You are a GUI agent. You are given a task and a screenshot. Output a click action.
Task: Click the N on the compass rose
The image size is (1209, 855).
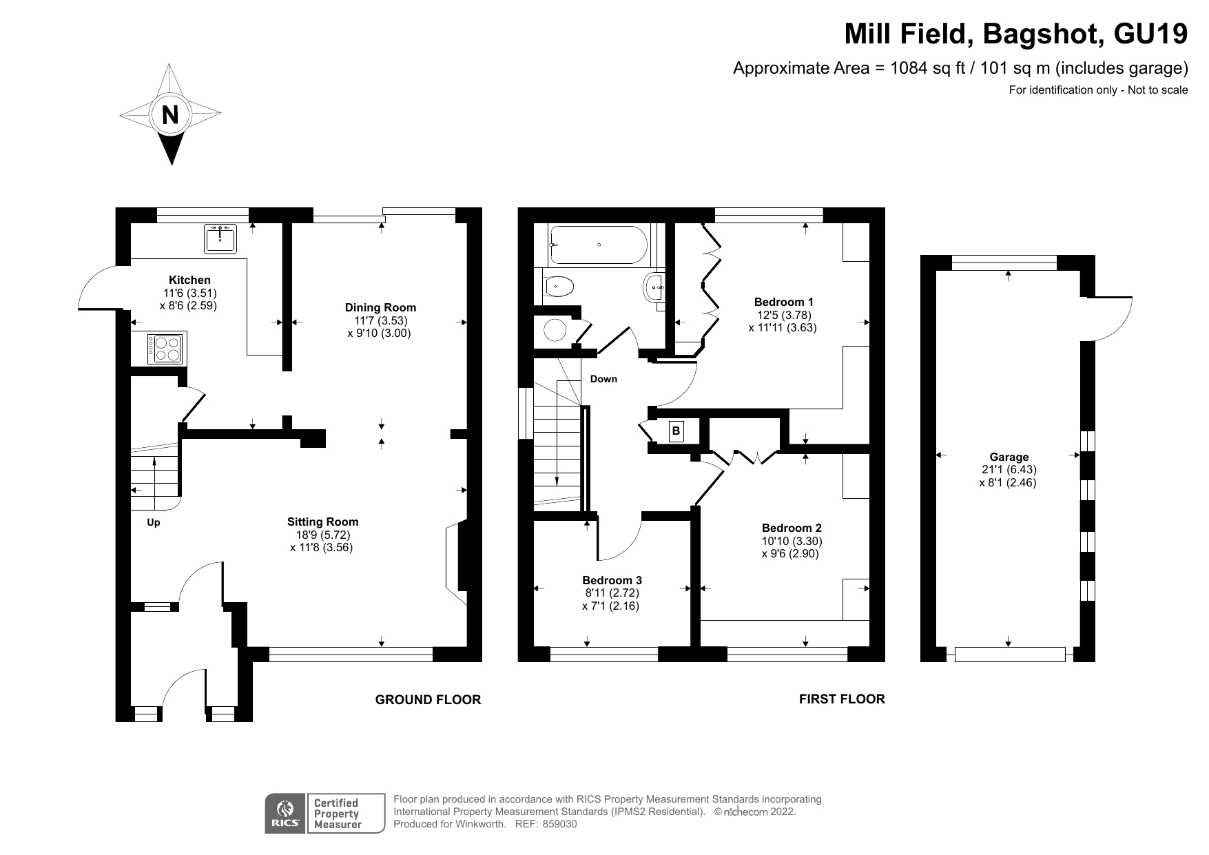(169, 114)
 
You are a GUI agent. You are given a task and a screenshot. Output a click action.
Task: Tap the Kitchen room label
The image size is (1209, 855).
(189, 280)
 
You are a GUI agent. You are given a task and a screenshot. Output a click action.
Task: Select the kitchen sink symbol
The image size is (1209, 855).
(220, 238)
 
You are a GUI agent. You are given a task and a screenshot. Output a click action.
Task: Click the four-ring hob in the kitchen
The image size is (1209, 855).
(166, 348)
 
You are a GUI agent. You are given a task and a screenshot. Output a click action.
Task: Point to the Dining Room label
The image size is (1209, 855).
(380, 307)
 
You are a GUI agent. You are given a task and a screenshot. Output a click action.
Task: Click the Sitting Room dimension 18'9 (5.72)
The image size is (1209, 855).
(323, 535)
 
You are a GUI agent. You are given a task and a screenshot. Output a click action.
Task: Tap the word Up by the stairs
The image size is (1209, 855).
(154, 522)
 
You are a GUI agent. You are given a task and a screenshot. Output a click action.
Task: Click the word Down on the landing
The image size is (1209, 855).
(603, 379)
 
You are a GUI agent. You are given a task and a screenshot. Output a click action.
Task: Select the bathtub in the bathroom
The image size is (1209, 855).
(597, 245)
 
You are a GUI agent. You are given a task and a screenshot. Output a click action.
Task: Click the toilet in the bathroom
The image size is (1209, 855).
(558, 286)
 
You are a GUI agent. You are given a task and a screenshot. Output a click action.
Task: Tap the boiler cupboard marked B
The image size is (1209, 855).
(676, 431)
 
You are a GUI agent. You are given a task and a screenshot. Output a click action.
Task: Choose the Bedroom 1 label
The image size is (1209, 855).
(783, 302)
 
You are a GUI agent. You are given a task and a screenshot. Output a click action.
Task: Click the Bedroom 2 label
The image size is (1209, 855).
(792, 528)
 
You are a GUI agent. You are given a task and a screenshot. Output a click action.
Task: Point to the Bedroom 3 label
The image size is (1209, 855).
(612, 580)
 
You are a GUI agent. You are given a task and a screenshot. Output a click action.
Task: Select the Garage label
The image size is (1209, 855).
(1009, 457)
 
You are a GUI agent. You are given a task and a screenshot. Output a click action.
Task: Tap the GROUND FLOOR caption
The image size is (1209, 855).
(428, 700)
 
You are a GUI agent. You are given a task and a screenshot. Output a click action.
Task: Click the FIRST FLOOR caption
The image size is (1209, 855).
(841, 699)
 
